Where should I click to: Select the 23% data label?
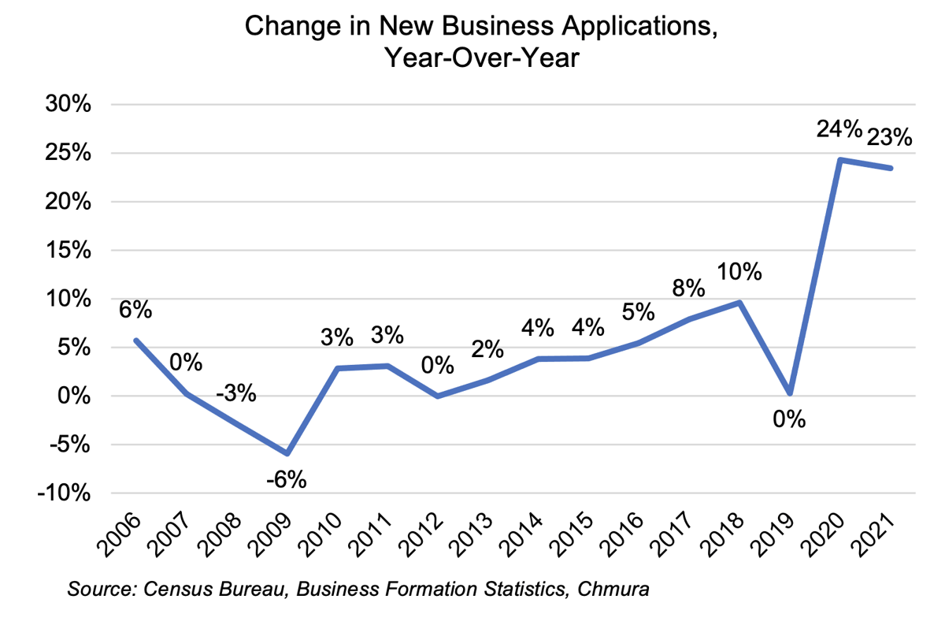[890, 137]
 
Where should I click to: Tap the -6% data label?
[286, 478]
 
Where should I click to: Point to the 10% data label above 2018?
[740, 272]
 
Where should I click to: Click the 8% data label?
[687, 288]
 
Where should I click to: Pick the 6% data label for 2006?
[135, 310]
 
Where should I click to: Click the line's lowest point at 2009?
[287, 453]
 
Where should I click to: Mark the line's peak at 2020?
[841, 160]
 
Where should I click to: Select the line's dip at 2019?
[790, 393]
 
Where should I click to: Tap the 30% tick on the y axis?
[69, 105]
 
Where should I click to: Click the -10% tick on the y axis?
[66, 493]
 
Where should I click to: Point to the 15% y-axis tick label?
[69, 251]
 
